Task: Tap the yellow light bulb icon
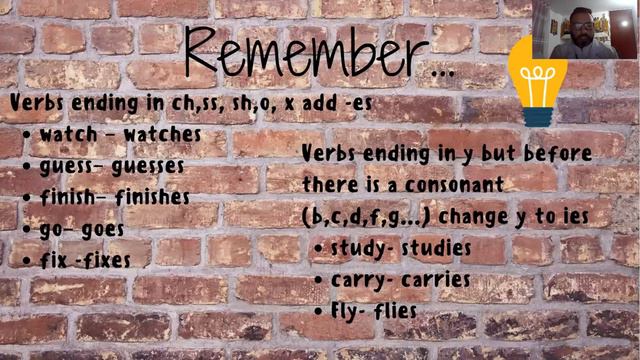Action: click(536, 79)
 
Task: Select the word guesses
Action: click(148, 165)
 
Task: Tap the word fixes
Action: click(107, 260)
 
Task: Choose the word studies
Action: click(436, 247)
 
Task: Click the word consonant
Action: click(452, 185)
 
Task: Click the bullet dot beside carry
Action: click(318, 280)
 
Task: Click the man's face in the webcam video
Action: click(581, 21)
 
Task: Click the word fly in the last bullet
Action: click(345, 311)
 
